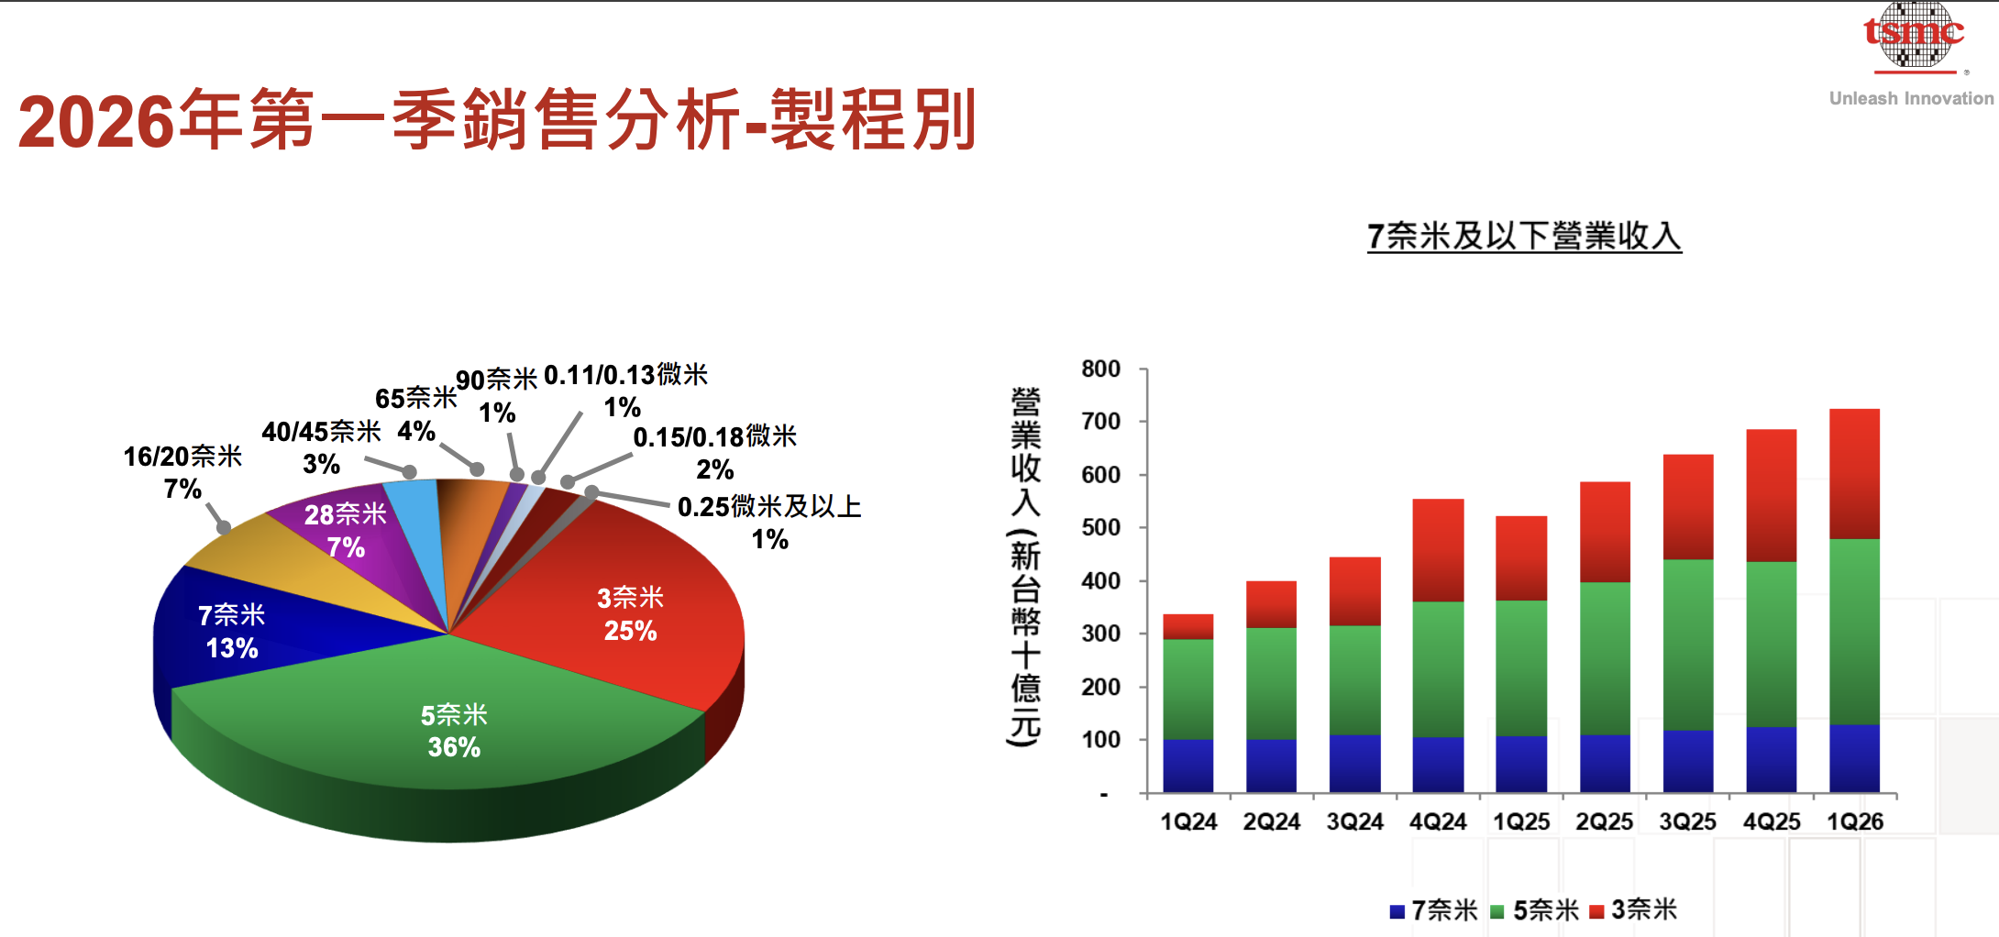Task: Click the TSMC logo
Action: [x=1914, y=36]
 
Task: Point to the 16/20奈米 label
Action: [x=182, y=457]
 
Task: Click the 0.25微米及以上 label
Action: [x=769, y=507]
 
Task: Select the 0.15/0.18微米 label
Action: [x=715, y=437]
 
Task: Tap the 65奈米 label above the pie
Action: [x=415, y=399]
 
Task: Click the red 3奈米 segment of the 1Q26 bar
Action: [x=1854, y=473]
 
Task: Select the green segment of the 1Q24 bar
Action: [x=1187, y=689]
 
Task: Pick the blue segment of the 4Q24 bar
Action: [x=1438, y=765]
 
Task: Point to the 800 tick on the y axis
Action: [x=1100, y=369]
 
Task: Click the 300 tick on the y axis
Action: [x=1100, y=634]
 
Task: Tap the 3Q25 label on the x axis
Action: [x=1687, y=821]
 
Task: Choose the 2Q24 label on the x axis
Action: [x=1271, y=821]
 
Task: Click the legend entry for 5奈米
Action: [x=1536, y=910]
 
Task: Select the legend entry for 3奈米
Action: [x=1634, y=910]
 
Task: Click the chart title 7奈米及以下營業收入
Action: [x=1524, y=237]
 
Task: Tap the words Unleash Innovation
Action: [x=1911, y=99]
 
